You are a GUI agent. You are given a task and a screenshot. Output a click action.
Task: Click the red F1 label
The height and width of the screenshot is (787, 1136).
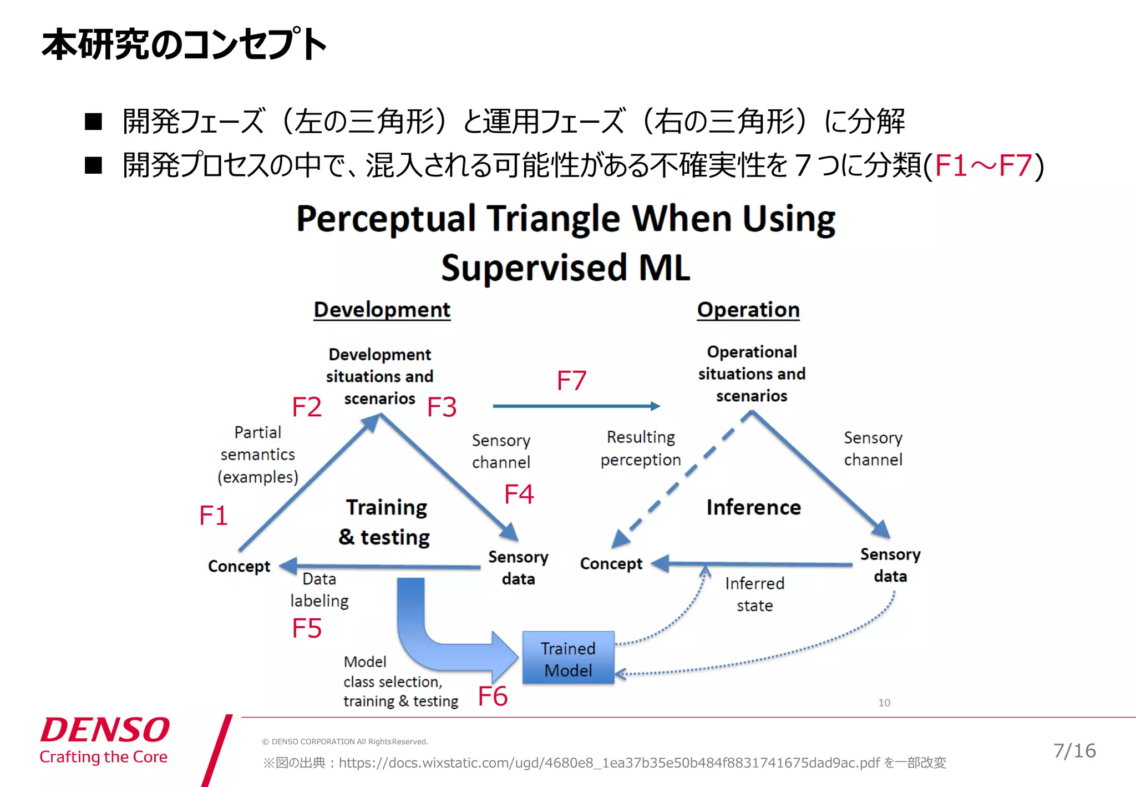214,516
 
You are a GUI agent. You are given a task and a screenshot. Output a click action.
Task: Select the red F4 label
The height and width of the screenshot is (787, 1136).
519,494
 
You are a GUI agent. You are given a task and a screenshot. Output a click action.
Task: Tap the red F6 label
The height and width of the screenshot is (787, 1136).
493,696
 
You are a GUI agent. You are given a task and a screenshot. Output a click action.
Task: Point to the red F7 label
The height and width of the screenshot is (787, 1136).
571,381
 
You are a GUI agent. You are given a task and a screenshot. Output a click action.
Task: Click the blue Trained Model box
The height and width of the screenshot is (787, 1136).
568,658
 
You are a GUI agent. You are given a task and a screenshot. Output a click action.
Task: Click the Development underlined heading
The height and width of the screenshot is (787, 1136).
382,310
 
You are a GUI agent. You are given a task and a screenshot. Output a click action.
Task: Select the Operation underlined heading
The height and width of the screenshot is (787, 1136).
748,310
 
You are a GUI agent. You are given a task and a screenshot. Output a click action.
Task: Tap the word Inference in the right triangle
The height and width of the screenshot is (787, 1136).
753,507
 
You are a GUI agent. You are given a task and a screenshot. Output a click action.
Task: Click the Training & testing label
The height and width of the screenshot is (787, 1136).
386,522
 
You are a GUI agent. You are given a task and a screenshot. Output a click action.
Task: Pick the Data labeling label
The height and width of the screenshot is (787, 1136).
319,590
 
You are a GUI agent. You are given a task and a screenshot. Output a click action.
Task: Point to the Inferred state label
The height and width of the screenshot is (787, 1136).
754,594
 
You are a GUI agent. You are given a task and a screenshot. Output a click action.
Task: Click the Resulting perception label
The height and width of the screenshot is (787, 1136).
641,448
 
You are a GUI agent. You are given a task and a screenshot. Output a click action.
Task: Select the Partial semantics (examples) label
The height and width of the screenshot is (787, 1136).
257,455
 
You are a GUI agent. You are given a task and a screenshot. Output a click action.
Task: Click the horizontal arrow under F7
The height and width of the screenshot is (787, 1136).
576,406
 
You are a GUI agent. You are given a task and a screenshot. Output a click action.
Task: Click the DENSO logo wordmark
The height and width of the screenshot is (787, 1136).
105,730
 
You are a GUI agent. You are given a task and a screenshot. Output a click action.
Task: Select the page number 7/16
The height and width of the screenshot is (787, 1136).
1074,751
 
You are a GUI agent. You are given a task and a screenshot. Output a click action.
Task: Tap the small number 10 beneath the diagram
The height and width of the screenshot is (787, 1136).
884,703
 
